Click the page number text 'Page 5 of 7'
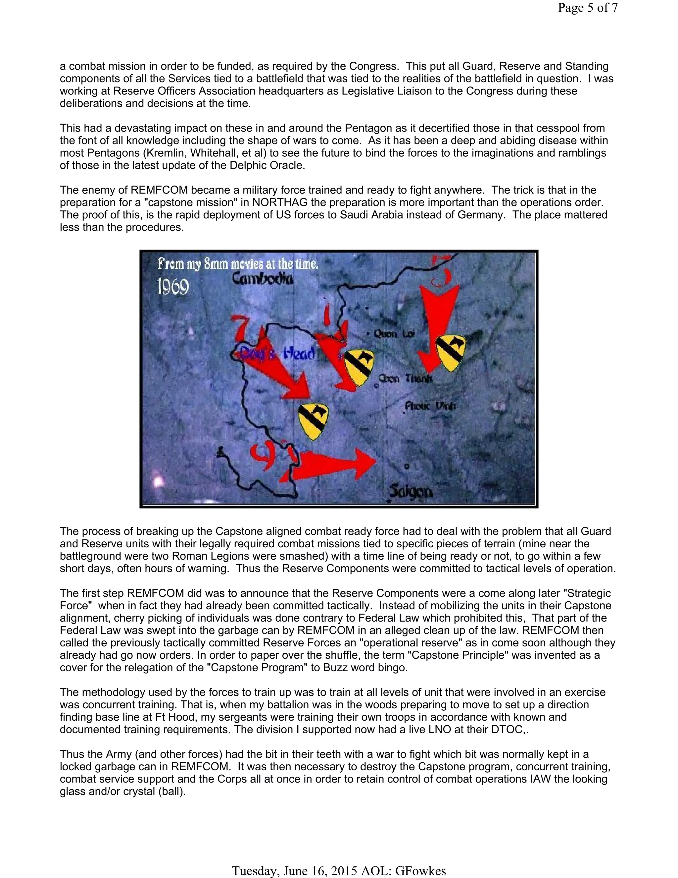point(587,8)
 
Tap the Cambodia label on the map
point(263,279)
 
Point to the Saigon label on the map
point(411,491)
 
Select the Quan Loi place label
point(394,334)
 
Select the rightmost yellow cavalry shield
point(450,352)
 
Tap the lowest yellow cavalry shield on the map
point(313,421)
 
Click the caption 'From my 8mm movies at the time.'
point(237,264)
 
